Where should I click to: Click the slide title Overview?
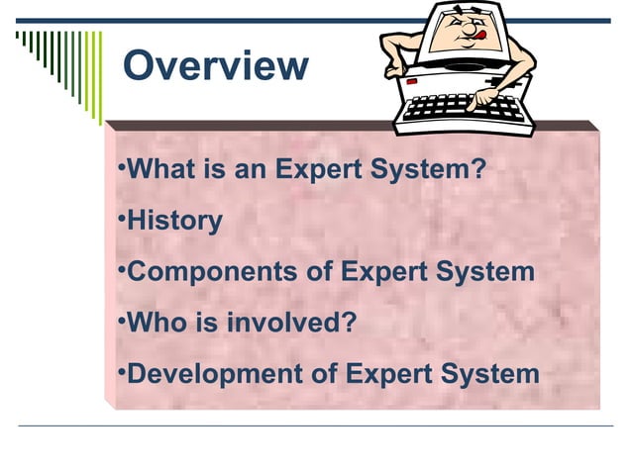tap(215, 66)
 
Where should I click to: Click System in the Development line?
tap(489, 375)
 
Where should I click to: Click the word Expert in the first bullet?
tap(316, 170)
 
